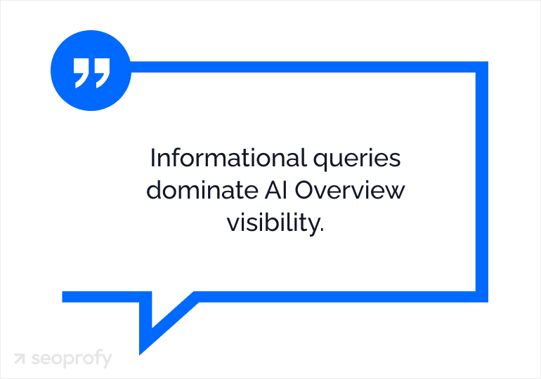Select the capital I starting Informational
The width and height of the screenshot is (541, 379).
click(x=152, y=158)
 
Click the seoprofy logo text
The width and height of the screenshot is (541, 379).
click(x=71, y=359)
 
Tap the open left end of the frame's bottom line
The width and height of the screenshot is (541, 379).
click(x=65, y=296)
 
